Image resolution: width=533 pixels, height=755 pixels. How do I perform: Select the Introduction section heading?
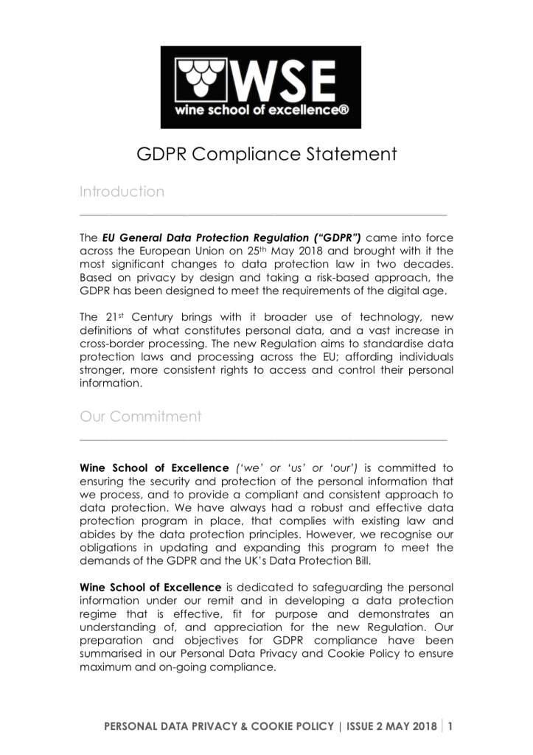pos(122,192)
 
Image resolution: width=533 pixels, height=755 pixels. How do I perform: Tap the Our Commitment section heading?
pos(140,417)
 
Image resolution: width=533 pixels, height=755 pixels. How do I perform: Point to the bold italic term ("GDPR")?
pos(337,238)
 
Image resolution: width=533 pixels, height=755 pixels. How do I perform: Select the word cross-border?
pos(110,344)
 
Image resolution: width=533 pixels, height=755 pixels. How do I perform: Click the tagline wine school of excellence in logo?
pos(261,111)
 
